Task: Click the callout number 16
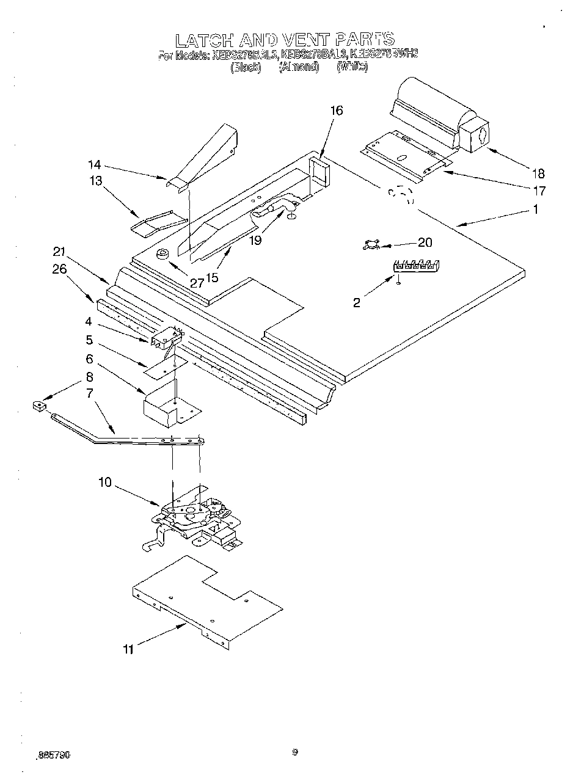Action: point(337,111)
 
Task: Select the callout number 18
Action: point(538,173)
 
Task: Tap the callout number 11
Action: point(128,649)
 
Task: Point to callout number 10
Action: point(104,483)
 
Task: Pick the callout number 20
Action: point(425,242)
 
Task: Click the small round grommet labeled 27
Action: point(163,254)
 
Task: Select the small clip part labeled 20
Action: point(371,246)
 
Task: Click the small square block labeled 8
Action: point(39,406)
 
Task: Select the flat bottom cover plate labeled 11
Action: point(208,599)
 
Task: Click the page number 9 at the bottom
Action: point(294,752)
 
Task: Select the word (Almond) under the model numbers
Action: point(299,67)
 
